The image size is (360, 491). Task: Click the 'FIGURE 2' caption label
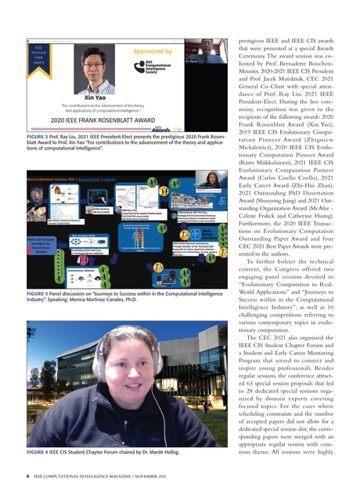point(37,136)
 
